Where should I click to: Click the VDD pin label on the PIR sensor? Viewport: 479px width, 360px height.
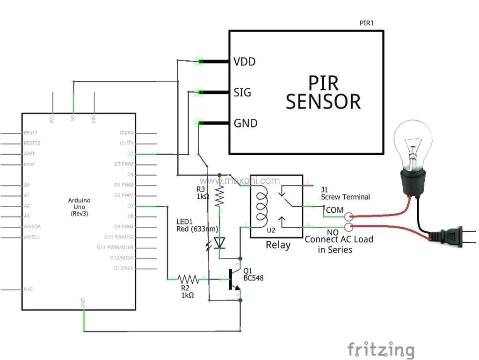245,61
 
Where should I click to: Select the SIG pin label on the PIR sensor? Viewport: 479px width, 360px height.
242,92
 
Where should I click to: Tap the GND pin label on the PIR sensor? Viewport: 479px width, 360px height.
246,123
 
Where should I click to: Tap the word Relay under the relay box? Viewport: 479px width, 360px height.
278,245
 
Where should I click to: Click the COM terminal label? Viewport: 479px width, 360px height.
334,210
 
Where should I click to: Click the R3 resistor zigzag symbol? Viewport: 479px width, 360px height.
219,196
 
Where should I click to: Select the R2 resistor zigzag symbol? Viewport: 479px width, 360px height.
188,280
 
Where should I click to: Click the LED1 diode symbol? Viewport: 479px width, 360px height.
219,243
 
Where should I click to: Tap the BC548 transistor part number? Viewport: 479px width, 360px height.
253,278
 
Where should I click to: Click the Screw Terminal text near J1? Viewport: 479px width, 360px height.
345,197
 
